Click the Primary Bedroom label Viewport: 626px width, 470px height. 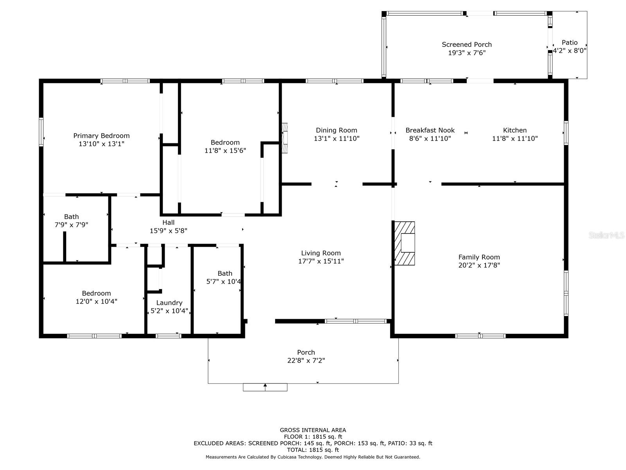pos(101,136)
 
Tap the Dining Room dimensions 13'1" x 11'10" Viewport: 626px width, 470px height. pos(336,138)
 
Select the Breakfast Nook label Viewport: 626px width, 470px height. pos(430,130)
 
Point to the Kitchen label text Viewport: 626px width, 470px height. pos(515,130)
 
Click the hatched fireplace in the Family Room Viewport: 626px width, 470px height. pos(405,243)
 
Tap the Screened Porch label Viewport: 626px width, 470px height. pos(467,45)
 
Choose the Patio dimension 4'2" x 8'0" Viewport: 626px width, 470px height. pos(570,51)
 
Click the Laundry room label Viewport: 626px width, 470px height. pos(169,303)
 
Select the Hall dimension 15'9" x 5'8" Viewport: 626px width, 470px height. pos(169,231)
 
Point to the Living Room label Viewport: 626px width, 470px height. pos(321,253)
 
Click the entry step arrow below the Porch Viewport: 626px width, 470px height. pos(265,387)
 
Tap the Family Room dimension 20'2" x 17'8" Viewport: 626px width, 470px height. pos(479,265)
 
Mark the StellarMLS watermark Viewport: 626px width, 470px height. pos(606,235)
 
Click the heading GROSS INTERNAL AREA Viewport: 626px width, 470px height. pos(313,430)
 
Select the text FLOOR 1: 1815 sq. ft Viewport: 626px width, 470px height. pos(313,437)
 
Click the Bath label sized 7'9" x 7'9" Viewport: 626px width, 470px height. pos(71,217)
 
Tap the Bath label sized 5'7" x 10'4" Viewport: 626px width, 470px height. pos(225,273)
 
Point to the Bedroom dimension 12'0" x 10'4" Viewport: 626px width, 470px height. pos(96,301)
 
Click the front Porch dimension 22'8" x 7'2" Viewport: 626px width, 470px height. pos(306,360)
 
